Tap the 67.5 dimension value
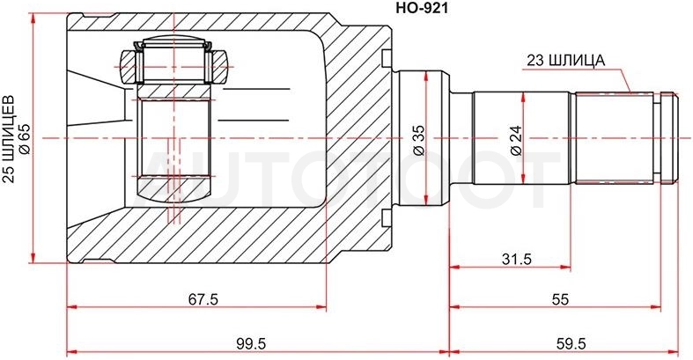[203, 299]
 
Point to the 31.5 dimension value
[517, 260]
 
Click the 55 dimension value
[559, 299]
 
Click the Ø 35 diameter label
[418, 141]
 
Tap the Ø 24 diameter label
[516, 141]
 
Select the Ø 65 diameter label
[25, 139]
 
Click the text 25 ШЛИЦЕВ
[10, 139]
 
